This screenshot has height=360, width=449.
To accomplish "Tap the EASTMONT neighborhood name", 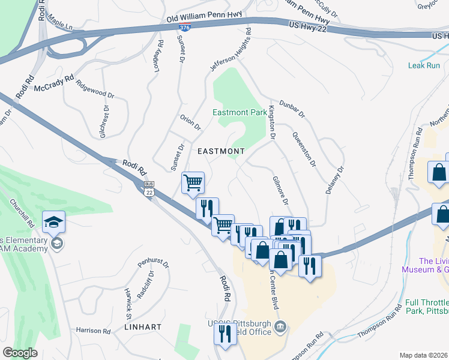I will (221, 151).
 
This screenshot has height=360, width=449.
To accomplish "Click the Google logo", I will (20, 353).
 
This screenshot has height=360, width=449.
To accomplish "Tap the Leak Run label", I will (424, 65).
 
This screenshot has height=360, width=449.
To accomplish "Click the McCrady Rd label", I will (53, 83).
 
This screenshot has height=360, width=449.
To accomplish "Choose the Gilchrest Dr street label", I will (104, 122).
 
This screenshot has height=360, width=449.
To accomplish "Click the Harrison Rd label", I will (93, 331).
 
